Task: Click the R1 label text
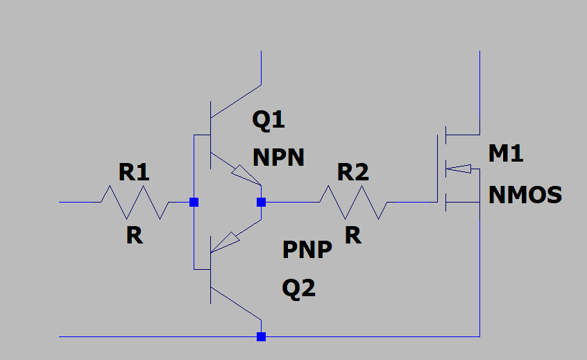point(134,172)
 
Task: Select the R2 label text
point(353,172)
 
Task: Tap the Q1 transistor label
point(269,120)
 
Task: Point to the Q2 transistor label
point(299,289)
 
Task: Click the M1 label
point(506,153)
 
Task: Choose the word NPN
point(278,157)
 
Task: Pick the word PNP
point(307,250)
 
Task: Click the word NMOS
point(525,195)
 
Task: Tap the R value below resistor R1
point(135,236)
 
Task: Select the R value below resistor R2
point(353,236)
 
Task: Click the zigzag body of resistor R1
point(135,202)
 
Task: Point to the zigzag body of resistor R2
point(353,202)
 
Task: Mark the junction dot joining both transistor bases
point(194,202)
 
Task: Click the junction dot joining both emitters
point(262,202)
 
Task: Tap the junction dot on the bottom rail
point(262,337)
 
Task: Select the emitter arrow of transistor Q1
point(245,175)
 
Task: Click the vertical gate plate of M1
point(438,169)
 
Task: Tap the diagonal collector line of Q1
point(236,101)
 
